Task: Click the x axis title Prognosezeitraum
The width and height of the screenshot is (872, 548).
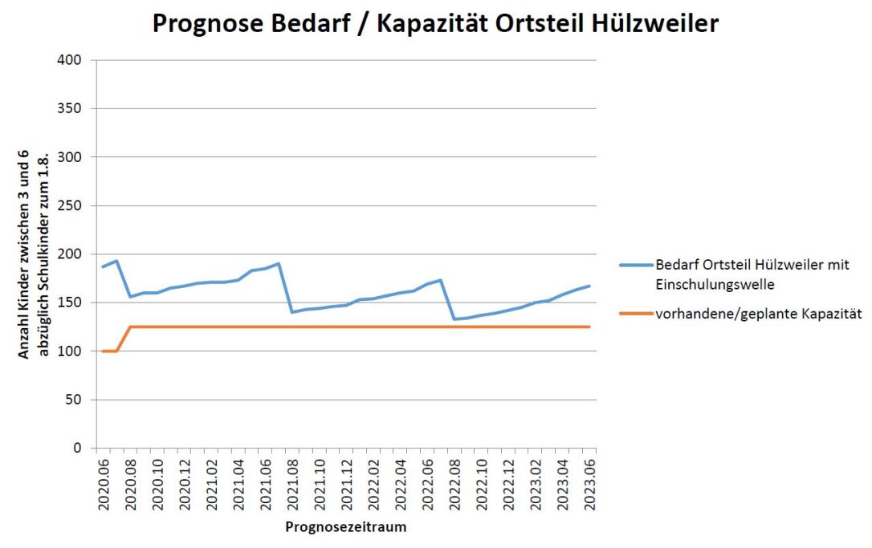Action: (x=345, y=527)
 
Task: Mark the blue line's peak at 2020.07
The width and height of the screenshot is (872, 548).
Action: (x=116, y=261)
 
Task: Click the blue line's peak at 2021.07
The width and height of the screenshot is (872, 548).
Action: (x=278, y=263)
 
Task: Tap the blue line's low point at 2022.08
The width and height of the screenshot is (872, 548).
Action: (x=454, y=319)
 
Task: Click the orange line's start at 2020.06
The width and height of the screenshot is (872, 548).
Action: (x=103, y=351)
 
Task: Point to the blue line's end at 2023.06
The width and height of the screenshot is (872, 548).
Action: (x=589, y=286)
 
